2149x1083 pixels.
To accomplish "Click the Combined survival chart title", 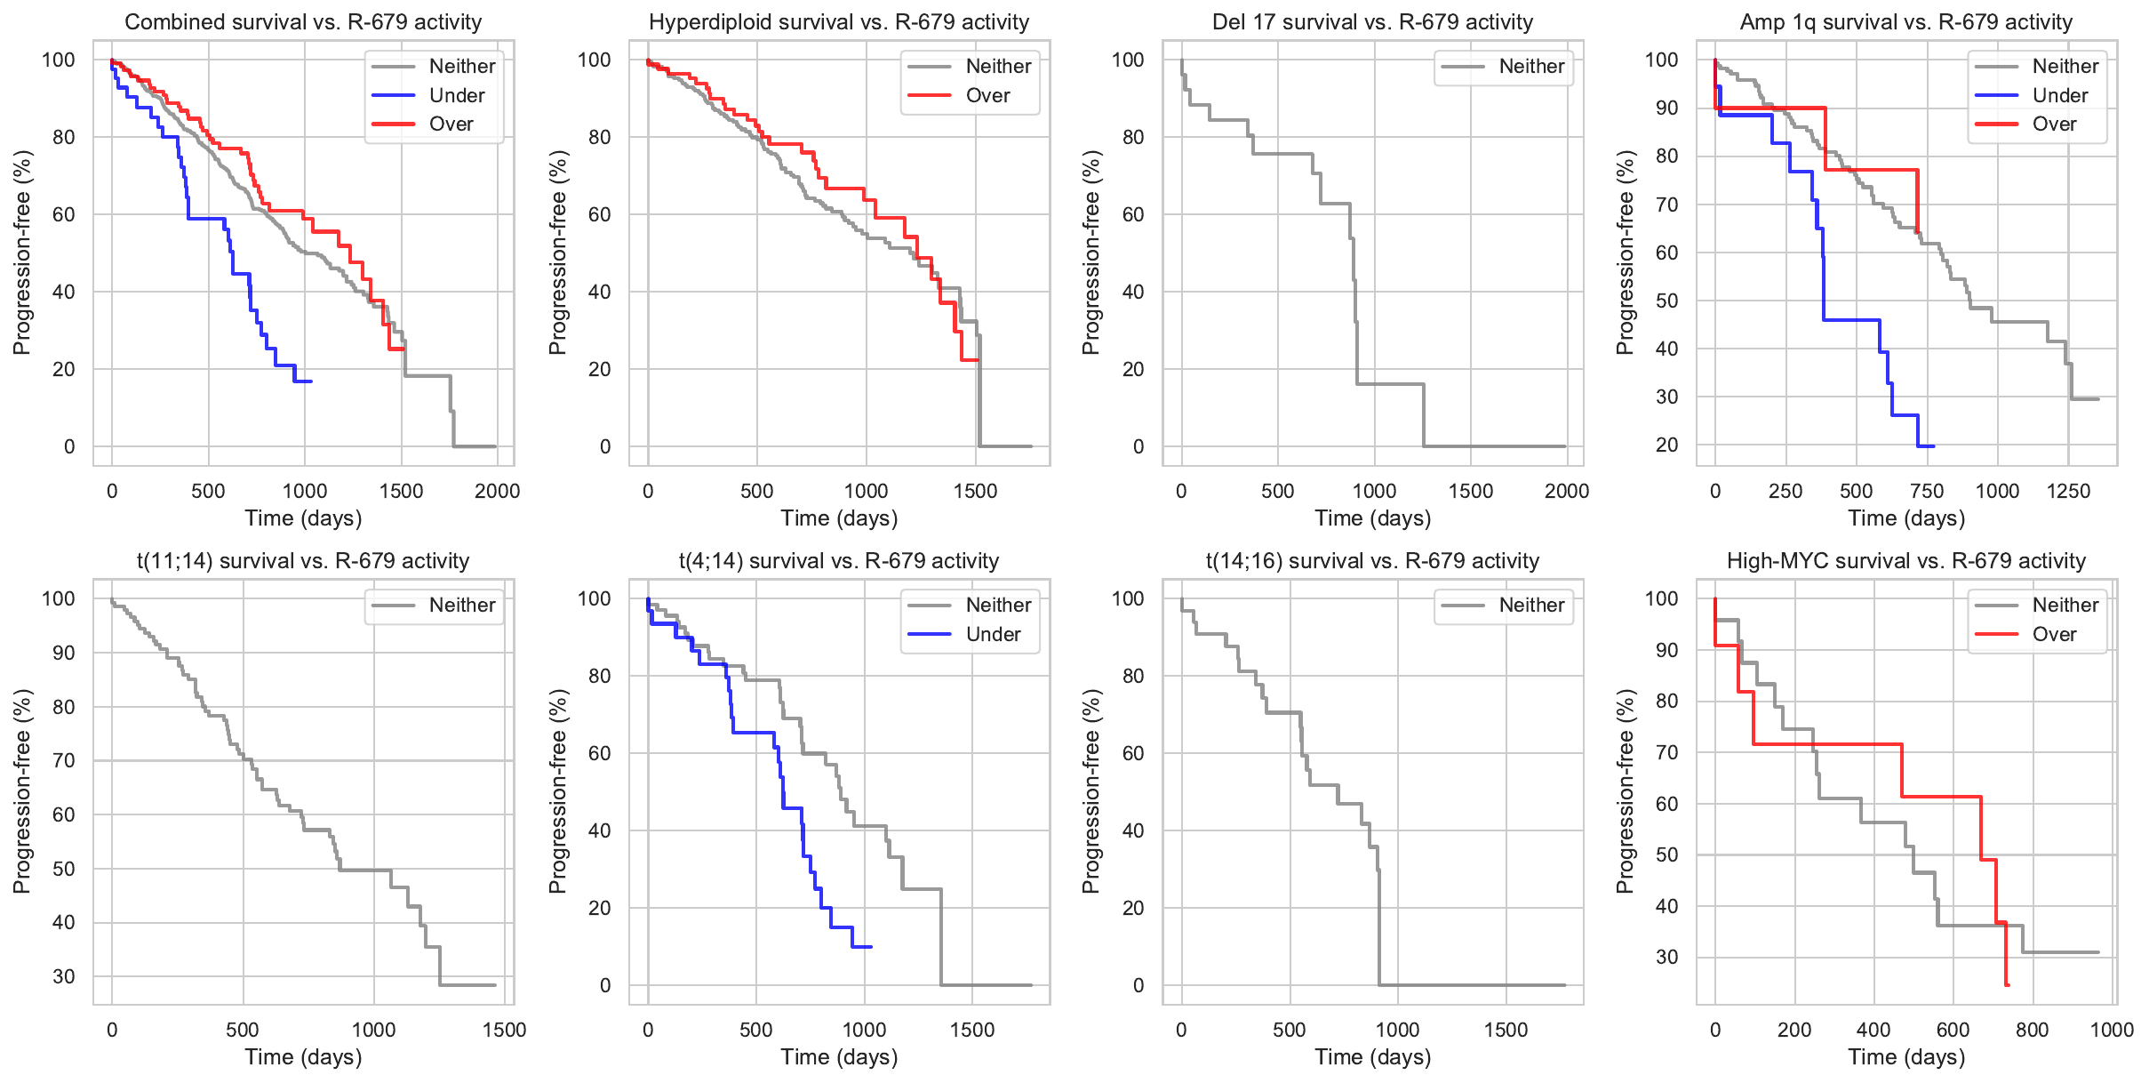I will pos(303,22).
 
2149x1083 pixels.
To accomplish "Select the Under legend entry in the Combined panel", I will pos(456,95).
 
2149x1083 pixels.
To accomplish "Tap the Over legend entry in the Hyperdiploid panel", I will pos(987,95).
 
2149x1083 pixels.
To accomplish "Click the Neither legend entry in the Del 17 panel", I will pos(1531,66).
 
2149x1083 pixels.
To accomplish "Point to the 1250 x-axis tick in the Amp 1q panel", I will pos(2068,491).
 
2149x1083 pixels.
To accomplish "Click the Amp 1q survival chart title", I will pos(1905,22).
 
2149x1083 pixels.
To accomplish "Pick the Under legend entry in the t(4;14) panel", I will pos(993,634).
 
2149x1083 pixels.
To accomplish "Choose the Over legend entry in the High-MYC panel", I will pos(2054,634).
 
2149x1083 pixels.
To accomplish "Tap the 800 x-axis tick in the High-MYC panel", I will pos(2032,1030).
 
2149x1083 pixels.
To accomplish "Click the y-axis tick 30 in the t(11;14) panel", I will pos(64,976).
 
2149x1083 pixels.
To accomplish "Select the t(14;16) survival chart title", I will pos(1372,561).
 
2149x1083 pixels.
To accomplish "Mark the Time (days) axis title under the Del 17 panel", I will pos(1372,518).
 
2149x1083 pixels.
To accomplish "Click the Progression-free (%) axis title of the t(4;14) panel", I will pos(557,791).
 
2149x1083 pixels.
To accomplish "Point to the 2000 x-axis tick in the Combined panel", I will pos(497,491).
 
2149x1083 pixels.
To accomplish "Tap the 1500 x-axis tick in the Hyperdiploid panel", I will pos(975,491).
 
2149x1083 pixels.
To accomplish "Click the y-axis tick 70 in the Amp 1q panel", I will pos(1661,205).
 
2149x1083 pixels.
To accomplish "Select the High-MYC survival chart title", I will pos(1905,561).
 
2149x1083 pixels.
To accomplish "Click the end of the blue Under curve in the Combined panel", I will pos(311,381).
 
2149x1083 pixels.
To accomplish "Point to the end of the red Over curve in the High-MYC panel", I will pos(2008,984).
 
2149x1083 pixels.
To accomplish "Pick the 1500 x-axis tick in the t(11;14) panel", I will pos(504,1030).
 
